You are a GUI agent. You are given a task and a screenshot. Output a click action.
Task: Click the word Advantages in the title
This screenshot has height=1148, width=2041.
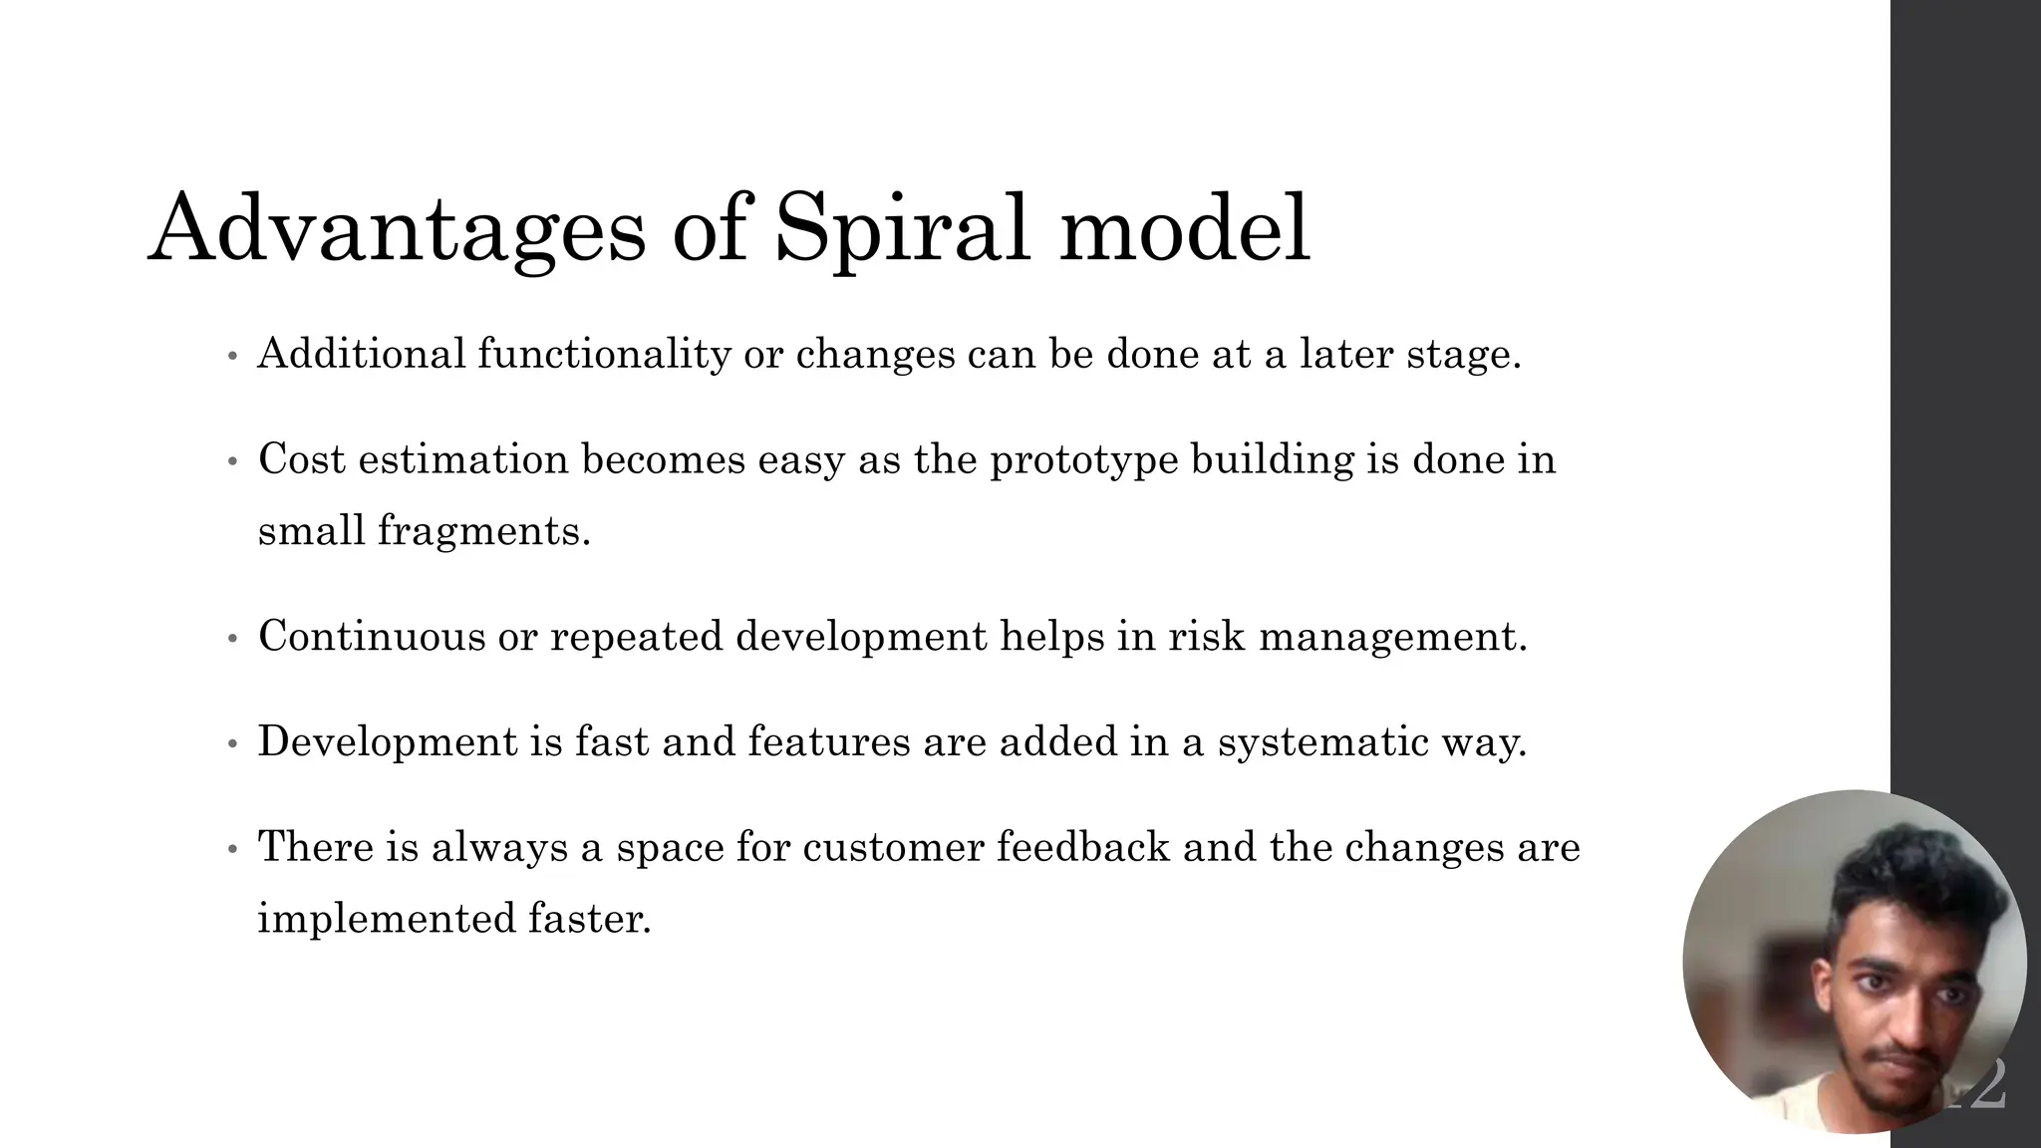pos(397,229)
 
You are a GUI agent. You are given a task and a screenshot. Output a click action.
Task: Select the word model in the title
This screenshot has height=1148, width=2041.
pos(1184,229)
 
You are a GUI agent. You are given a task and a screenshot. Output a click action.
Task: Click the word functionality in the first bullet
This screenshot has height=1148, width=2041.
pos(604,354)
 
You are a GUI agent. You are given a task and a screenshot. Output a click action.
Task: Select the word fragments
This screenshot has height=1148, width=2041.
pos(484,530)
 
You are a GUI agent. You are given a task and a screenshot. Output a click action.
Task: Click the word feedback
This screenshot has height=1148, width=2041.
pos(1082,847)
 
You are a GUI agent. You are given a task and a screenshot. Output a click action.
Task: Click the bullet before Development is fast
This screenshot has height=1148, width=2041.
pos(232,744)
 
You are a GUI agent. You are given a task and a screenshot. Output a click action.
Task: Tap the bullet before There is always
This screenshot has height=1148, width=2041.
pos(232,850)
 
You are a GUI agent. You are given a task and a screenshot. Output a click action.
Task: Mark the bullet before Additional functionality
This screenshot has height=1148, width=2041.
pos(232,357)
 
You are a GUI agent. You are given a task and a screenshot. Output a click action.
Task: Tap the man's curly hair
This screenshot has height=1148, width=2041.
pos(1908,877)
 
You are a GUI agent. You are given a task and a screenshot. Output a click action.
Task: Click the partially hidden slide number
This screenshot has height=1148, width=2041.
pos(1988,1086)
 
